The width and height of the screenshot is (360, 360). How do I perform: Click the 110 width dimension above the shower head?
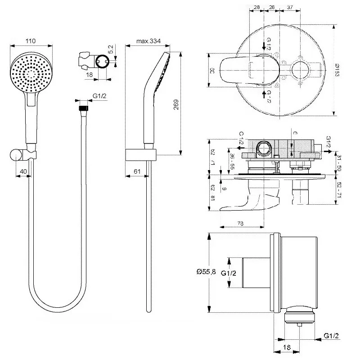(x=30, y=41)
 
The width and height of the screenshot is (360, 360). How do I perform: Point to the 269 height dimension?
(x=176, y=104)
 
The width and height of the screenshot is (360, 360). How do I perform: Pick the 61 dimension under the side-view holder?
(x=138, y=171)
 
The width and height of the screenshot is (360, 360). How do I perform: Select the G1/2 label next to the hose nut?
(x=100, y=96)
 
